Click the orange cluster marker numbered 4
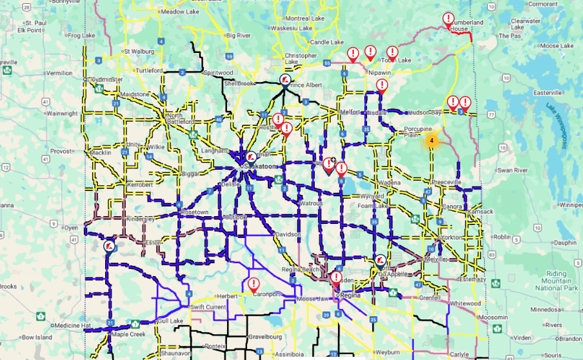coord(431,139)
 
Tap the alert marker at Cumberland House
coord(448,19)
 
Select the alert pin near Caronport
coord(253,284)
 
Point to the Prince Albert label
coord(306,85)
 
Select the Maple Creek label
coord(124,334)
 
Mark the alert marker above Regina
coord(335,279)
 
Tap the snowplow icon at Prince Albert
coord(284,79)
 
